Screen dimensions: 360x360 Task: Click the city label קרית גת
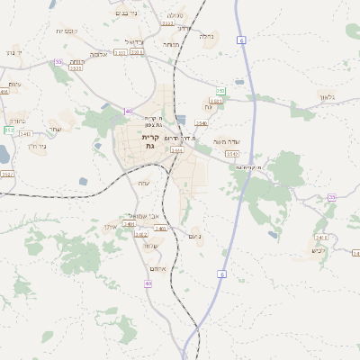[x=149, y=140]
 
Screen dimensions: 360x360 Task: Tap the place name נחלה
[x=206, y=36]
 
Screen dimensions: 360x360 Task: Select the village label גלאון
[x=326, y=97]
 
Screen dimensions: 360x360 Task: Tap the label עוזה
[x=143, y=183]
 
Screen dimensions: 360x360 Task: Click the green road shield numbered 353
[x=221, y=91]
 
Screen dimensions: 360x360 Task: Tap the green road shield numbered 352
[x=8, y=130]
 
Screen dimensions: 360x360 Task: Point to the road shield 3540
[x=202, y=123]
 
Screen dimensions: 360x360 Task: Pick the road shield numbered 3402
[x=141, y=234]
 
